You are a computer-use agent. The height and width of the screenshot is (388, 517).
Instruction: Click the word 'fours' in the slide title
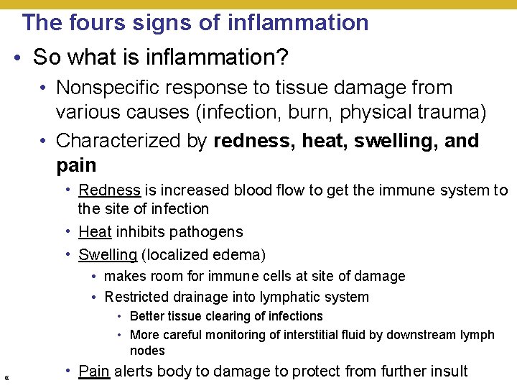point(95,22)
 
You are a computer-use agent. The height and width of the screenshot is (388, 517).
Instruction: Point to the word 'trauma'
point(450,113)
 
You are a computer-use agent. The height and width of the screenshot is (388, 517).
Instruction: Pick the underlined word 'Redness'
point(109,190)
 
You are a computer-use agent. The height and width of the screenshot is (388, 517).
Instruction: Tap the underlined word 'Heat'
point(95,232)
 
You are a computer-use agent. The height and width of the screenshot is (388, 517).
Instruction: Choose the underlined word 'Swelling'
point(108,255)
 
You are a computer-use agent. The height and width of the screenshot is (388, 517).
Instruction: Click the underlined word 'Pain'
point(94,371)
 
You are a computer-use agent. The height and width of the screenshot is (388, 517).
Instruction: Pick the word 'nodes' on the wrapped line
point(147,351)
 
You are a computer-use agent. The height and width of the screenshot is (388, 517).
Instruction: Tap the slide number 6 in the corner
point(6,378)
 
